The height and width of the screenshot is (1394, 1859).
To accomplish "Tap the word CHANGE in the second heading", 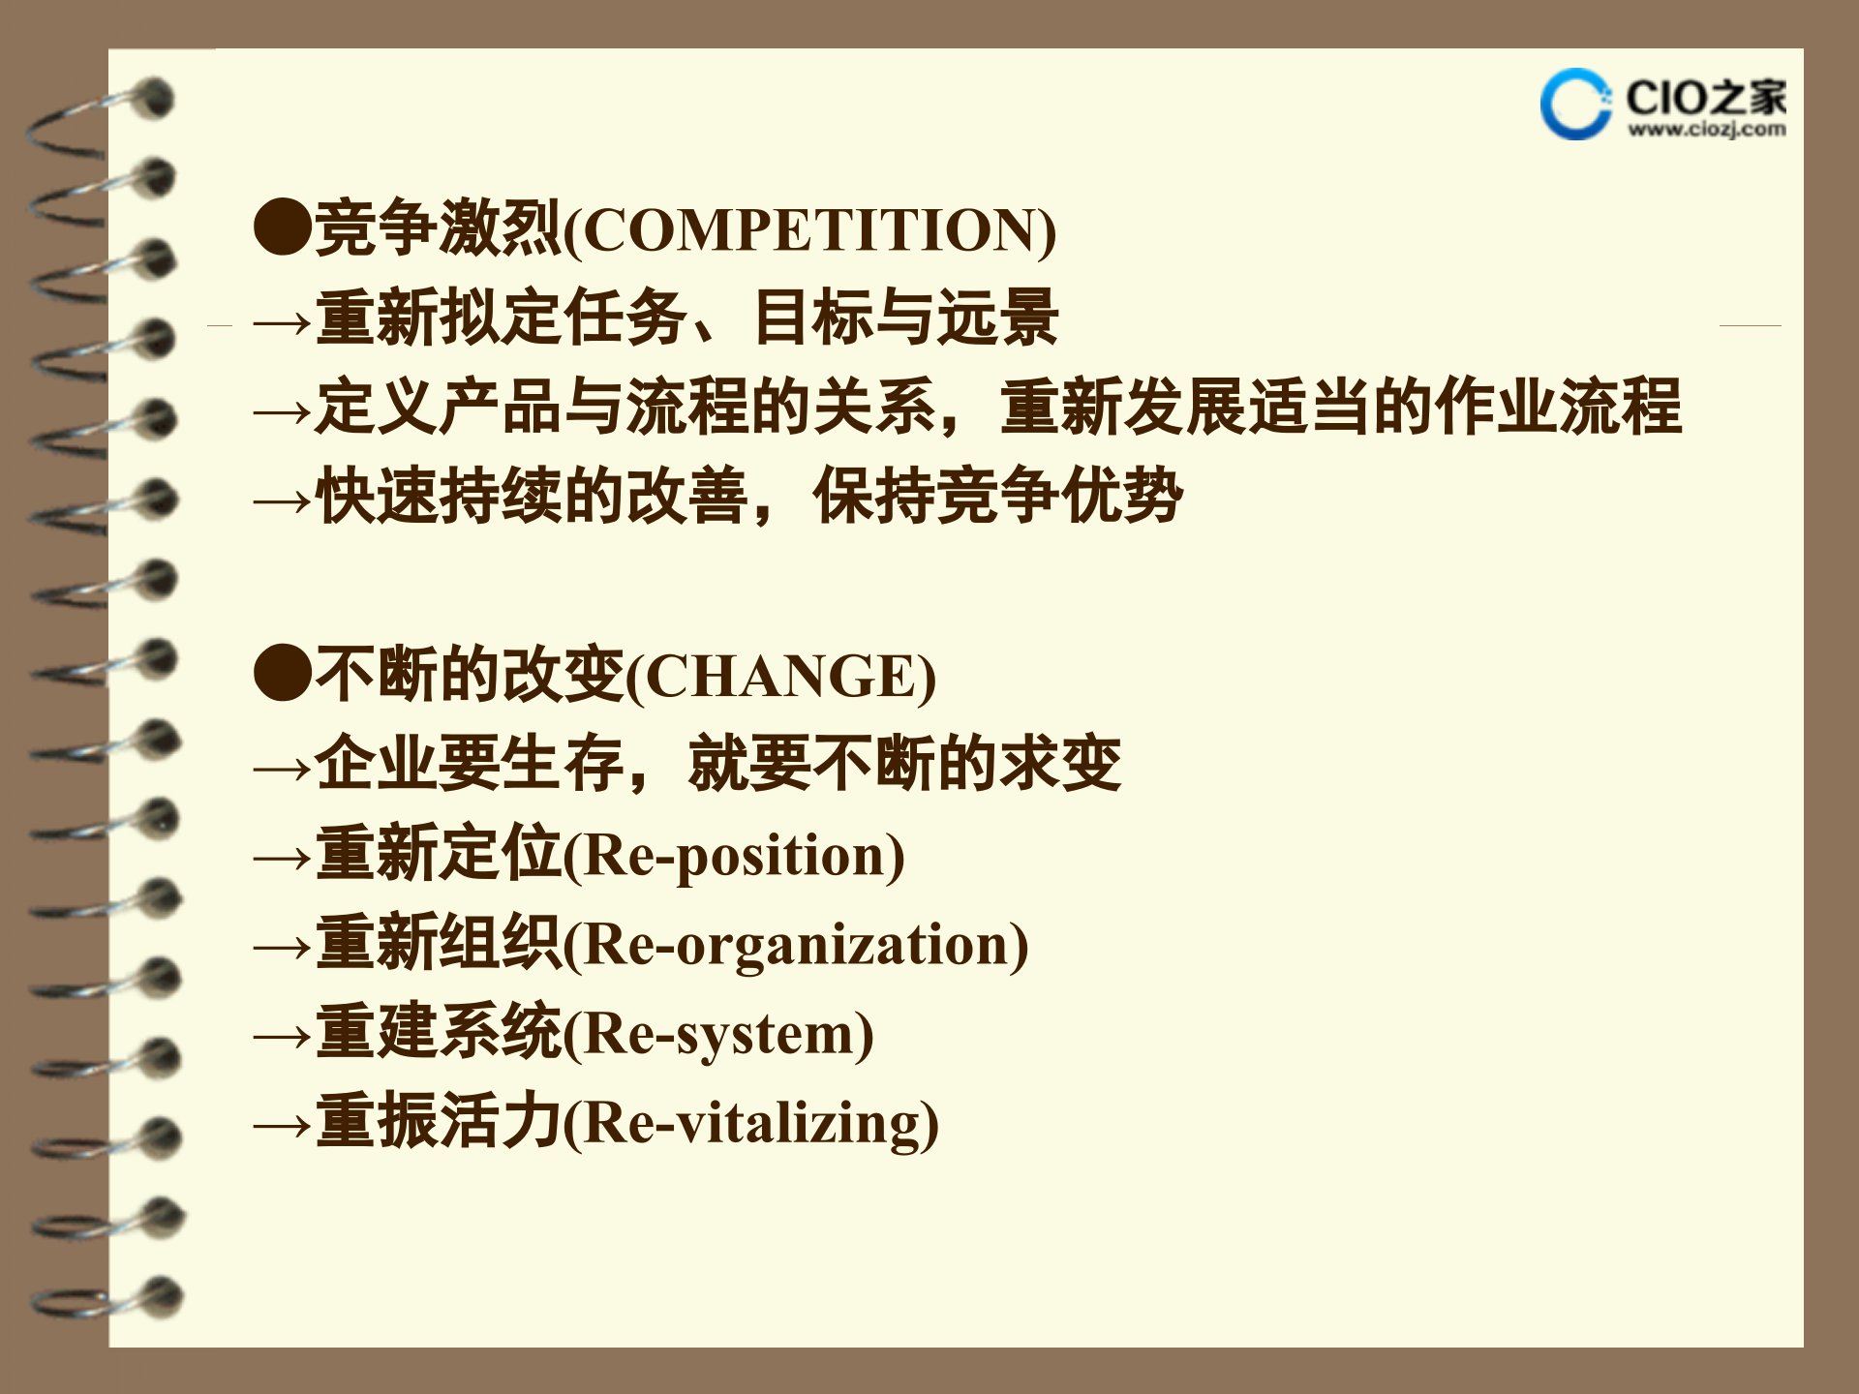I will [x=780, y=676].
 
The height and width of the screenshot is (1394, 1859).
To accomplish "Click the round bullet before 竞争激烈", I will [x=282, y=228].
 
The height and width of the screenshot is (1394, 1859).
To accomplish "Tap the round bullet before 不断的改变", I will [x=282, y=674].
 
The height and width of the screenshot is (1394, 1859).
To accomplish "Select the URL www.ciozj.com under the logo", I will [x=1706, y=129].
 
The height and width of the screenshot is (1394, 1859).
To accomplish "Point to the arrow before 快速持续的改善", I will [x=282, y=501].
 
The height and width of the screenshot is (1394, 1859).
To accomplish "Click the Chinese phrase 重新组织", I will [x=438, y=943].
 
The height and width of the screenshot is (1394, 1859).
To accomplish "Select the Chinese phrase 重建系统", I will [x=438, y=1032].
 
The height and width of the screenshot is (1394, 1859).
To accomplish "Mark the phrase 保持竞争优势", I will [x=997, y=496].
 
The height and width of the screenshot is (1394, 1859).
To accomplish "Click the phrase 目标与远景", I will [x=905, y=318].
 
